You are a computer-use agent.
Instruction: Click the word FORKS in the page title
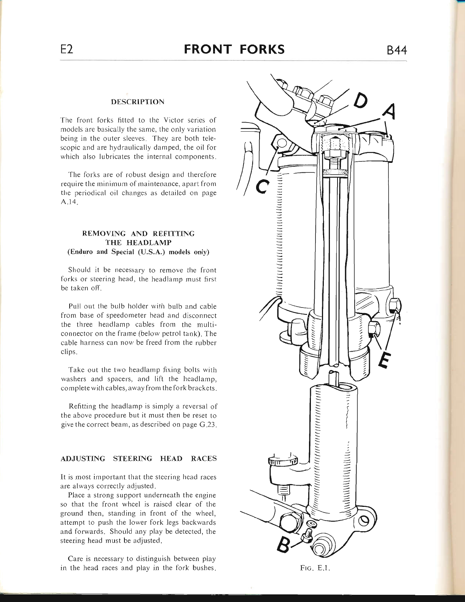click(262, 49)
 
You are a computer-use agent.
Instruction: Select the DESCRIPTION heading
click(138, 102)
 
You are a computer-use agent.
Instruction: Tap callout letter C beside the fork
click(263, 186)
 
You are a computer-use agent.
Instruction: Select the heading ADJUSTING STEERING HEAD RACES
click(139, 459)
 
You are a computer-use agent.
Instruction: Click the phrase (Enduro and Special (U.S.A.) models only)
click(138, 252)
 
